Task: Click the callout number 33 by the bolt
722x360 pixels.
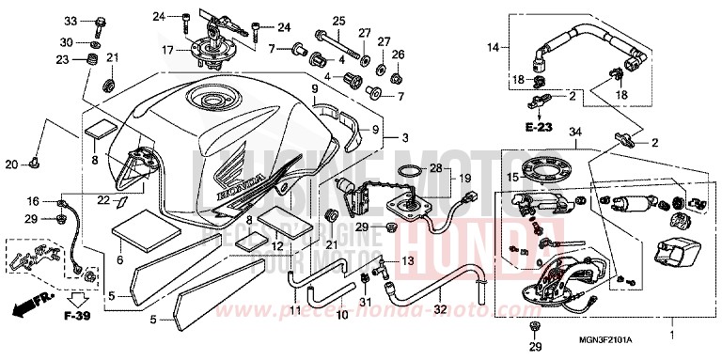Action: coord(70,21)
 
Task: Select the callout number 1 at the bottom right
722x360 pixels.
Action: coord(671,333)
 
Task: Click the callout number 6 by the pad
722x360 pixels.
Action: coord(119,260)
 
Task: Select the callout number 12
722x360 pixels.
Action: coord(277,247)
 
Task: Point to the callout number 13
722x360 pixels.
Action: coord(407,259)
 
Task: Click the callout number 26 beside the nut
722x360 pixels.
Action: coord(398,54)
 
